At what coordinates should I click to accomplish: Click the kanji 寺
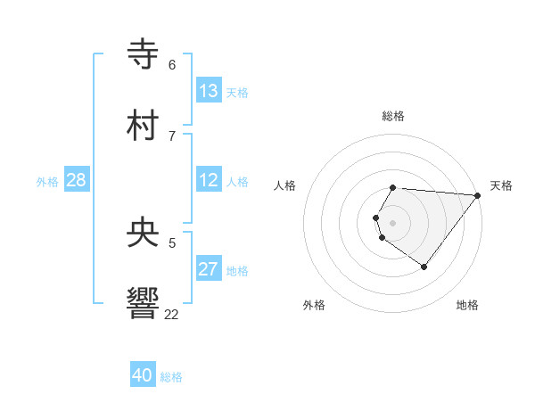pyautogui.click(x=144, y=53)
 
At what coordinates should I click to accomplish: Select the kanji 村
pyautogui.click(x=144, y=126)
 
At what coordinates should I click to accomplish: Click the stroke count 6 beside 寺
pyautogui.click(x=171, y=65)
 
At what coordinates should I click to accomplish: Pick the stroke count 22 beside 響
pyautogui.click(x=171, y=314)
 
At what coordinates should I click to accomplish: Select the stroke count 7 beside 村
pyautogui.click(x=171, y=136)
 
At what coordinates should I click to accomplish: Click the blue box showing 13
pyautogui.click(x=209, y=91)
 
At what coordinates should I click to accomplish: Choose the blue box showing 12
pyautogui.click(x=209, y=180)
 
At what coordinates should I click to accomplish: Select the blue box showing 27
pyautogui.click(x=209, y=269)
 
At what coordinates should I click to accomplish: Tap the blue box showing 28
pyautogui.click(x=77, y=180)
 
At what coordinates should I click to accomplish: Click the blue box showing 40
pyautogui.click(x=143, y=375)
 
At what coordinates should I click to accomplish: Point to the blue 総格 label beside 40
pyautogui.click(x=171, y=377)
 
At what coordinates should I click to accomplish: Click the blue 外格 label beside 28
pyautogui.click(x=47, y=182)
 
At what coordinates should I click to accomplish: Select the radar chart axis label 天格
pyautogui.click(x=501, y=185)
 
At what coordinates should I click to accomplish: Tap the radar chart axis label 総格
pyautogui.click(x=393, y=116)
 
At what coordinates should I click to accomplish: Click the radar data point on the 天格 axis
pyautogui.click(x=478, y=195)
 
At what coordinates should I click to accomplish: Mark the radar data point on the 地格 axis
pyautogui.click(x=424, y=267)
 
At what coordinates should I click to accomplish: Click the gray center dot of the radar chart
pyautogui.click(x=393, y=223)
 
